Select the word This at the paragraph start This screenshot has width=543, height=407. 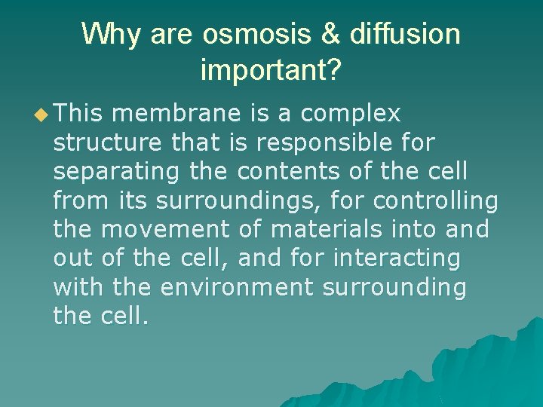[81, 113]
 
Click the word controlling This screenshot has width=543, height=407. [435, 201]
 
